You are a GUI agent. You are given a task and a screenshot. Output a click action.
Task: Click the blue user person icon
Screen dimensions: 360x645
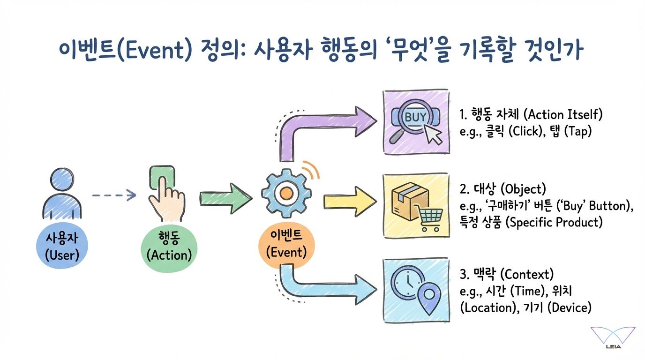[62, 193]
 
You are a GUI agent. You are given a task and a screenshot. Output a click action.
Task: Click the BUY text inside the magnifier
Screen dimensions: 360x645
[415, 117]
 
